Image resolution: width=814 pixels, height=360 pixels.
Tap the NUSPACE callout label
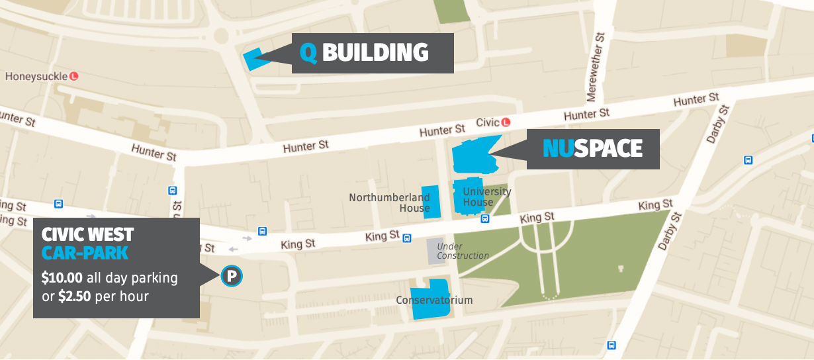(593, 148)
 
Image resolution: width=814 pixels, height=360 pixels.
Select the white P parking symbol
(232, 276)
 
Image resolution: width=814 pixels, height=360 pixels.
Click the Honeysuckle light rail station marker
(74, 76)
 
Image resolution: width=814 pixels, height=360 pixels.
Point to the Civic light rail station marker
(506, 122)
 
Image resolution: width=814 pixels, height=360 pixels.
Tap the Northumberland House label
(389, 202)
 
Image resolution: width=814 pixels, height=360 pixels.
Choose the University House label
(486, 197)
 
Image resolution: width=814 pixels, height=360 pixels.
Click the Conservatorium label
(434, 300)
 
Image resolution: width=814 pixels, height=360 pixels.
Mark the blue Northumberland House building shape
(431, 202)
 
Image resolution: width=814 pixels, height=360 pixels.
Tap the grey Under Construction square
(436, 250)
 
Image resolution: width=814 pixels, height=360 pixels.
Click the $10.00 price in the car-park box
(61, 277)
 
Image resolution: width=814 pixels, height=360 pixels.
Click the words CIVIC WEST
(87, 234)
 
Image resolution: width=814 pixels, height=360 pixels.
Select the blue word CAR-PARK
(84, 253)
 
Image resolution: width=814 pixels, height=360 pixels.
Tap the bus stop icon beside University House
(485, 219)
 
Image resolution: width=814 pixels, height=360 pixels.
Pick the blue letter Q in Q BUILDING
(308, 53)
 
